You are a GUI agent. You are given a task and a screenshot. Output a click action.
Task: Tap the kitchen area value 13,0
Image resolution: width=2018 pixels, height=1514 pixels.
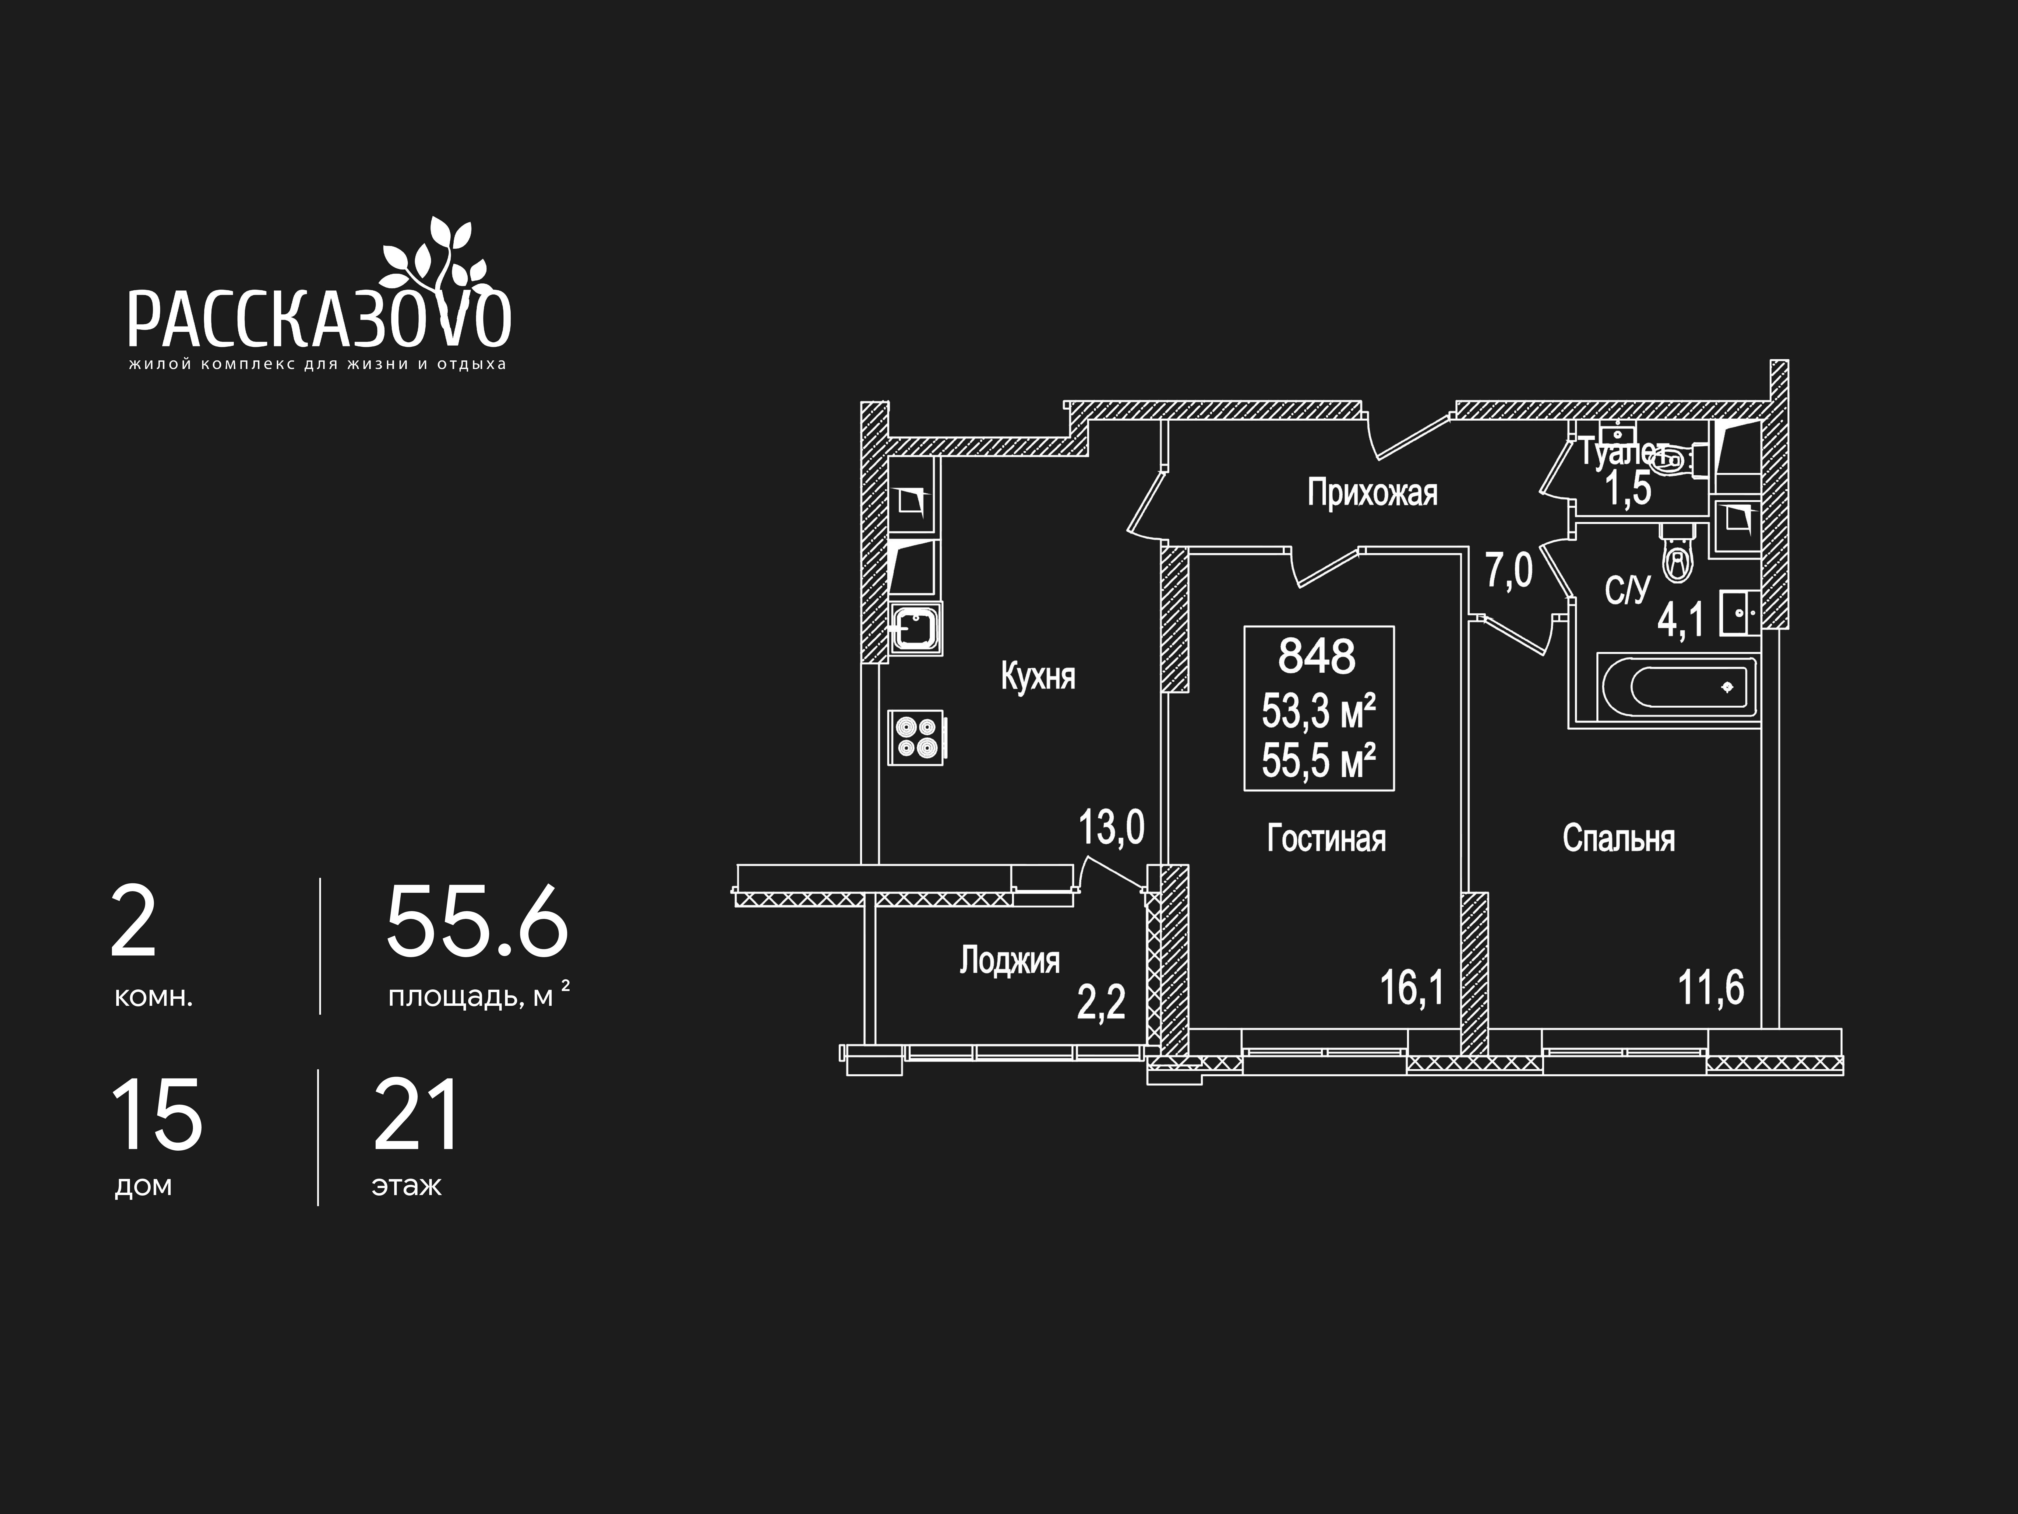[1111, 828]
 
